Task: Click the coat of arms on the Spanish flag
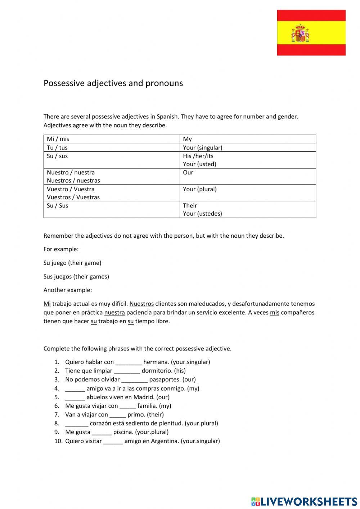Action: [300, 34]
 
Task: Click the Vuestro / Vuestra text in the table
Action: [71, 189]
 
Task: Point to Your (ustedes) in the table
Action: [202, 214]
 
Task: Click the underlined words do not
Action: [123, 236]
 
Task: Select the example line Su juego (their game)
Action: [72, 263]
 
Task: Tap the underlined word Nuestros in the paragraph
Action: [141, 304]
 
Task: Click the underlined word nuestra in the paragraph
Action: [114, 312]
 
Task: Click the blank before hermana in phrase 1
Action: [129, 362]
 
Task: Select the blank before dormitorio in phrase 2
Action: [127, 371]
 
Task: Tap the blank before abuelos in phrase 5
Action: [75, 397]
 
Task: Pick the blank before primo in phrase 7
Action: [118, 415]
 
